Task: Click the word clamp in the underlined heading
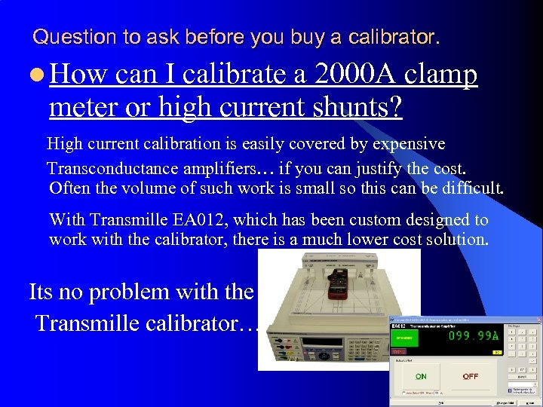click(440, 75)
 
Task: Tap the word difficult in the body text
click(468, 188)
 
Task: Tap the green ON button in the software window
click(421, 375)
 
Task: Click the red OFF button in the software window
click(471, 375)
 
